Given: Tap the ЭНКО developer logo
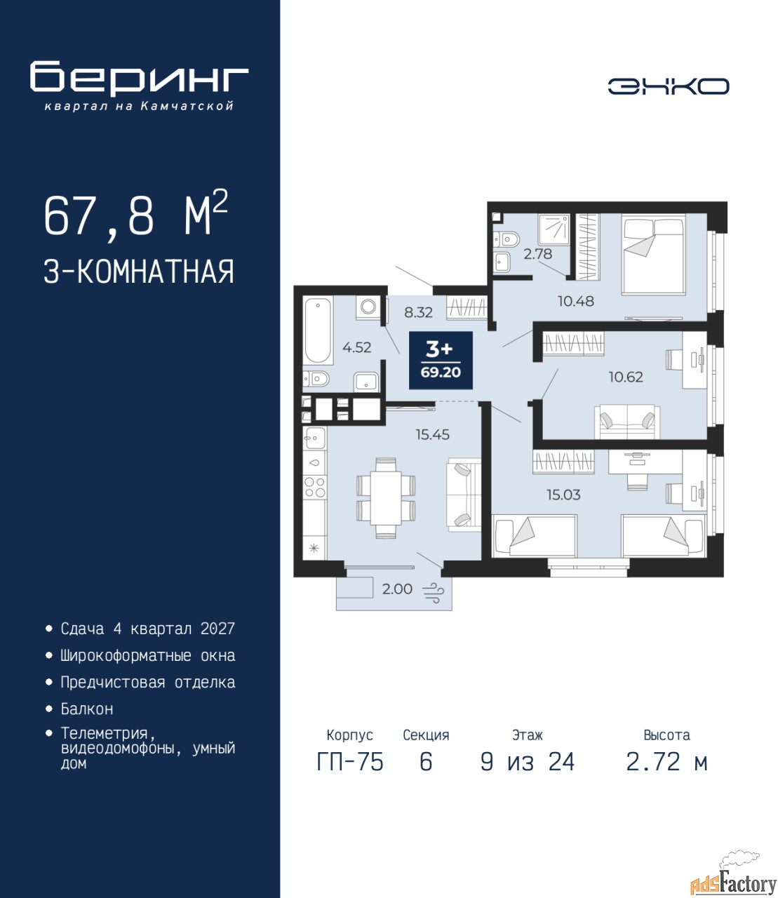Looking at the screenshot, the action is click(668, 86).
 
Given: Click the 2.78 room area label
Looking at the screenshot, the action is click(537, 254).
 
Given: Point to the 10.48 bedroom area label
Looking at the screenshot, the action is click(576, 301).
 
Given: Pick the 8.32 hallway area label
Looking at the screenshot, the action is click(418, 312).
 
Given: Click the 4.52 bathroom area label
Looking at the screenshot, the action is click(356, 347).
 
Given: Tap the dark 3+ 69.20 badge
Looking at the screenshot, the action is click(441, 360).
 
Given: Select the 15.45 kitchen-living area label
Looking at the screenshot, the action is click(432, 434).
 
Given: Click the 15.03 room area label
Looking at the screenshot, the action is click(563, 495).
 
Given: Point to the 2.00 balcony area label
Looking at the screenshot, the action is click(397, 589).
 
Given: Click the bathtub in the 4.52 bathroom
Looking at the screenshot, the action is click(318, 330).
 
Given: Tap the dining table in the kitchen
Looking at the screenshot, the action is click(386, 497).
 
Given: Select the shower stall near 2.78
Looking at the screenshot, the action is click(553, 229).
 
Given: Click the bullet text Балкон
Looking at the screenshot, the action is click(87, 709).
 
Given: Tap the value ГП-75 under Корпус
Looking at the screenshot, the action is click(349, 762).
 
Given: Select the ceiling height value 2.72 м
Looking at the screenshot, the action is click(666, 762).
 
